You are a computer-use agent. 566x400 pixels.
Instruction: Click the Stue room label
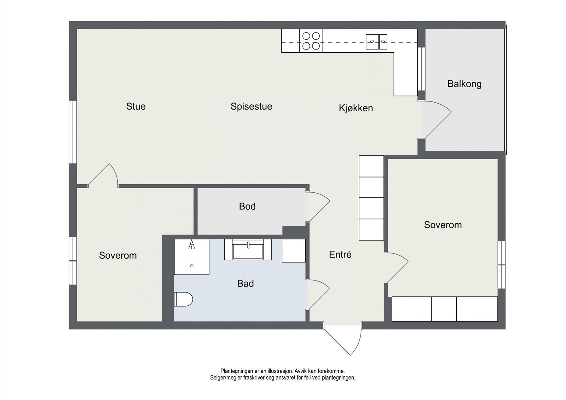coord(136,106)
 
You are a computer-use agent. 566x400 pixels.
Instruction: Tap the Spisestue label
coord(251,106)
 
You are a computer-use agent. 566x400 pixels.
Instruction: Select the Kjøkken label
coord(356,108)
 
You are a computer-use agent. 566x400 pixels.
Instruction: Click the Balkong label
coord(464,84)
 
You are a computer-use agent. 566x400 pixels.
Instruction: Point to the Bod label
coord(247,206)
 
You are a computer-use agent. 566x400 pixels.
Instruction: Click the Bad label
coord(246,283)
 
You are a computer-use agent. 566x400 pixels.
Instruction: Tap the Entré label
coord(340,254)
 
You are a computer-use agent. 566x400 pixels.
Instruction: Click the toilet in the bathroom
coord(183,299)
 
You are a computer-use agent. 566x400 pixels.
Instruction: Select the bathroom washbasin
coord(248,250)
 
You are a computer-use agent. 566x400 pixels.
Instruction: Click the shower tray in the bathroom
coord(192,257)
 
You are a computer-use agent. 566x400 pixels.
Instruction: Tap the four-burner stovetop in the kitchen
coord(311,41)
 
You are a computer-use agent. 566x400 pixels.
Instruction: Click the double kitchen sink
coord(376,41)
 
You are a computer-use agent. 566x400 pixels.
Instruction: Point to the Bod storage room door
coord(318,207)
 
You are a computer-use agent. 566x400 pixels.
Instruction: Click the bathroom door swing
coord(318,294)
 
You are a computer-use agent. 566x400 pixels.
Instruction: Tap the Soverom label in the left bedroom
coord(118,255)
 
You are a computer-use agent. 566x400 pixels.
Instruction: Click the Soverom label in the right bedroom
coord(443,225)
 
